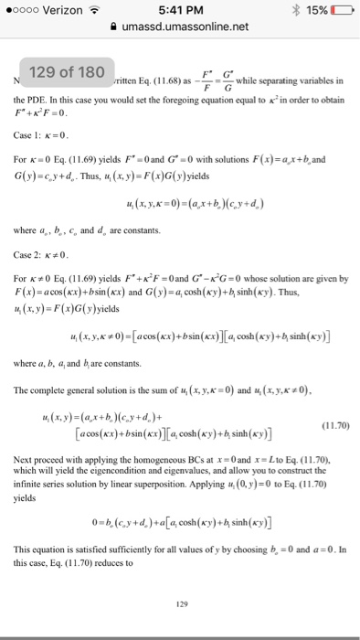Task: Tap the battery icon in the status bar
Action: coord(339,11)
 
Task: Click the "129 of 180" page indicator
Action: coord(69,71)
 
